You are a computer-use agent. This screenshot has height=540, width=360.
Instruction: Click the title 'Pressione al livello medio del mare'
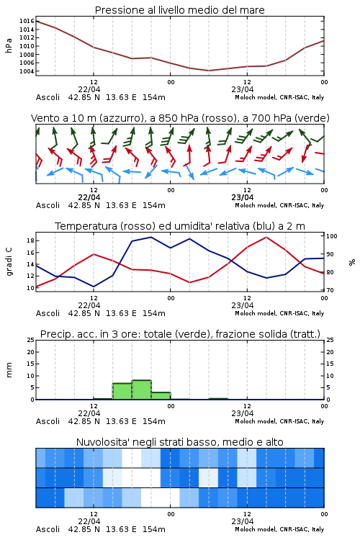pyautogui.click(x=179, y=10)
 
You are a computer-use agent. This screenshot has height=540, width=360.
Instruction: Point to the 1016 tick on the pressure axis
pyautogui.click(x=27, y=21)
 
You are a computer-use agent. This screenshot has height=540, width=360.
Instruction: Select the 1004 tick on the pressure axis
pyautogui.click(x=27, y=71)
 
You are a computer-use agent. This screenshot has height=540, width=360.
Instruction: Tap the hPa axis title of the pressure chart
pyautogui.click(x=9, y=45)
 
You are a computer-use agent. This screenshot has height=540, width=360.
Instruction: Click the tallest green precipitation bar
pyautogui.click(x=142, y=390)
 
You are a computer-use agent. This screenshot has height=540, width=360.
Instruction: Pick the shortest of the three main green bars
pyautogui.click(x=161, y=396)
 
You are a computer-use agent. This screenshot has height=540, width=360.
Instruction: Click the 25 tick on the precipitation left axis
pyautogui.click(x=31, y=340)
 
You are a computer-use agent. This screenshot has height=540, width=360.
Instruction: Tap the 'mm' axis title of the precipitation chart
pyautogui.click(x=9, y=370)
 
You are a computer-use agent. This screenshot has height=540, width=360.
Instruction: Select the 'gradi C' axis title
pyautogui.click(x=9, y=261)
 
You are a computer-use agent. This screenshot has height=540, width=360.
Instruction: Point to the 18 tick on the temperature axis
pyautogui.click(x=31, y=240)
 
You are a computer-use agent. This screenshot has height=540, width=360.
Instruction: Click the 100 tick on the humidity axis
pyautogui.click(x=332, y=236)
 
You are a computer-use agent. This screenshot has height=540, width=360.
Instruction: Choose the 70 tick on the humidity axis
pyautogui.click(x=330, y=290)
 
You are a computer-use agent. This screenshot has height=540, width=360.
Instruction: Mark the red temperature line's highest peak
pyautogui.click(x=266, y=237)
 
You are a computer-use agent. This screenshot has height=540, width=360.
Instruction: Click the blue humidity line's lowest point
pyautogui.click(x=94, y=287)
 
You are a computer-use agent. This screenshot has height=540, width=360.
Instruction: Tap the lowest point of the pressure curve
pyautogui.click(x=208, y=71)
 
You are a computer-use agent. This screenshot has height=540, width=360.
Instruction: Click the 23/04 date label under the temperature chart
pyautogui.click(x=243, y=305)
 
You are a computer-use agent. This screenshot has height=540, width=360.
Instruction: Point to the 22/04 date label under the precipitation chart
pyautogui.click(x=89, y=413)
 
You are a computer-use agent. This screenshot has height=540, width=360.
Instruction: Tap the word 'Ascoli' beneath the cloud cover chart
pyautogui.click(x=48, y=529)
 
